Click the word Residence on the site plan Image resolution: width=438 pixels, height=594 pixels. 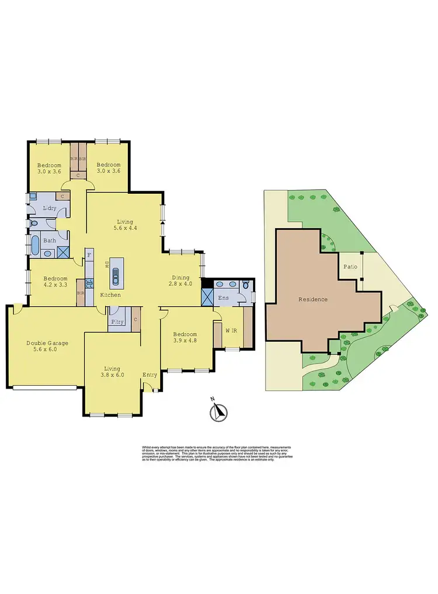313,299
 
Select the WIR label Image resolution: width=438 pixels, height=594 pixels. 231,331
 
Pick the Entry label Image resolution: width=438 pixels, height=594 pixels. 150,375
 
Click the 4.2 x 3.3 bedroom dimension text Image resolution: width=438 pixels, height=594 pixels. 55,285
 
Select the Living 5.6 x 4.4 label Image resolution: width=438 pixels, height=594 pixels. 125,225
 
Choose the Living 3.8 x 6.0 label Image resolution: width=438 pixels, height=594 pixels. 112,372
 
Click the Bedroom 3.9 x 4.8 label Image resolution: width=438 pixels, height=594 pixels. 185,338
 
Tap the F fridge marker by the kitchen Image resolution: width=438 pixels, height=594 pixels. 89,254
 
